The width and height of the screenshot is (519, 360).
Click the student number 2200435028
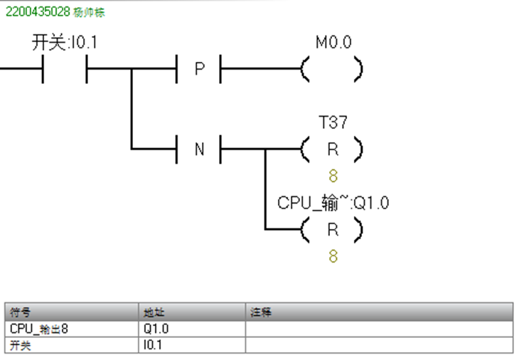tap(36, 13)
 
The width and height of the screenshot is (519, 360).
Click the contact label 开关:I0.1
tap(65, 43)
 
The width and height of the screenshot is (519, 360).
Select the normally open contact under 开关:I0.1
tap(64, 70)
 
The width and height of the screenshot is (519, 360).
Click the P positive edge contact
tap(199, 70)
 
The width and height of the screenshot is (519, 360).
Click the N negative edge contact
tap(199, 149)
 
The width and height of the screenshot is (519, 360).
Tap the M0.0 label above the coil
tap(333, 43)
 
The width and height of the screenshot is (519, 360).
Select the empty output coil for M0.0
tap(332, 70)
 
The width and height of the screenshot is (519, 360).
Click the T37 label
tap(333, 123)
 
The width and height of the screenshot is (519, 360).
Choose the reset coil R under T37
tap(332, 149)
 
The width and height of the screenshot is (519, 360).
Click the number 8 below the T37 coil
tap(333, 176)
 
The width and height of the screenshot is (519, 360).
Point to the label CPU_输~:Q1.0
tap(333, 203)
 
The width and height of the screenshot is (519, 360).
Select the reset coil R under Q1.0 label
tap(332, 230)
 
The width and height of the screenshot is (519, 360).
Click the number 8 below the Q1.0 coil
tap(333, 256)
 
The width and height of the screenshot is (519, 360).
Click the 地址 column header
tap(153, 312)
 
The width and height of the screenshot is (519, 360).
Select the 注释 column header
tap(260, 312)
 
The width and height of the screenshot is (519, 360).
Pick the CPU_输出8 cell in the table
tap(39, 329)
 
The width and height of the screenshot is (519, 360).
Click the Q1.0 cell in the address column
tap(156, 329)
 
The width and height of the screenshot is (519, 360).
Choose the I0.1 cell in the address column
tap(154, 345)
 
